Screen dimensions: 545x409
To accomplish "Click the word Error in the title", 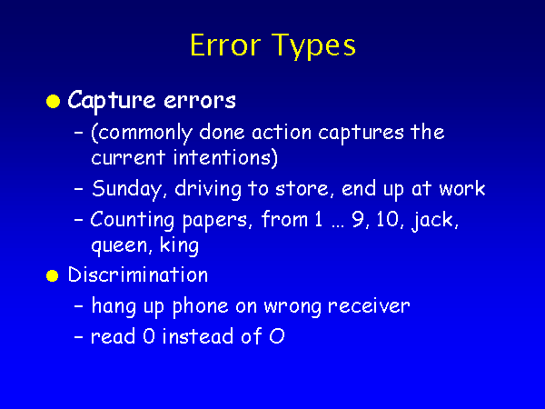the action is pos(225,45).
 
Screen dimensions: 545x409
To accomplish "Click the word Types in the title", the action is pos(313,47).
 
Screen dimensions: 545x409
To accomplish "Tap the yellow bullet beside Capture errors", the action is pos(54,101).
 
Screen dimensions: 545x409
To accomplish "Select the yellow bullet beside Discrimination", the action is pos(53,275).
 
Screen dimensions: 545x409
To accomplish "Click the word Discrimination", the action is pos(138,274).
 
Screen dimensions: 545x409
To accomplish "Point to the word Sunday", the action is pos(127,190).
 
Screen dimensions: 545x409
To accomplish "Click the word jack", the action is pos(435,221).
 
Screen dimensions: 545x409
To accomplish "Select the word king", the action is pos(179,245).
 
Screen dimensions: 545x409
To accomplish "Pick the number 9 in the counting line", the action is pos(360,220).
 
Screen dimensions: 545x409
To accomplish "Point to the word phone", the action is pos(200,307).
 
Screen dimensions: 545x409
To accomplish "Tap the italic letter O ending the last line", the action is pos(277,336).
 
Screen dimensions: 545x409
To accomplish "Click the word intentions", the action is pos(225,158).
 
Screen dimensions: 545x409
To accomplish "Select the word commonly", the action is pos(142,134).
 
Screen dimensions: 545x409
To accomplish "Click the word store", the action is pos(302,189).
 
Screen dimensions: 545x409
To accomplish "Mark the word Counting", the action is pos(132,221).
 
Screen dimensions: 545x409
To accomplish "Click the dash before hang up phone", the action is pos(79,307).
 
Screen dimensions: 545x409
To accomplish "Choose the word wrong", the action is pos(292,307).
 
